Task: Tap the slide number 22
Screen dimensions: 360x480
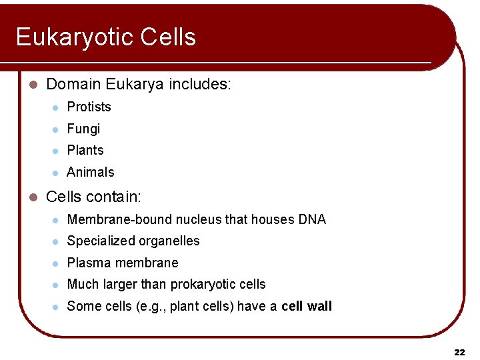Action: coord(459,352)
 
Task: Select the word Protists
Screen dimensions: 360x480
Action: coord(89,107)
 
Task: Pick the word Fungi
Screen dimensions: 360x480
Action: coord(83,129)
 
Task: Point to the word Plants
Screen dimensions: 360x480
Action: coord(85,150)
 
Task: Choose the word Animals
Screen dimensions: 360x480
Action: coord(91,172)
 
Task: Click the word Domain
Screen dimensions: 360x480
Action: coord(71,85)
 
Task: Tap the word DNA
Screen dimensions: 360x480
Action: coord(312,219)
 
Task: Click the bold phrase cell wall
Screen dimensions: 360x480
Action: coord(307,306)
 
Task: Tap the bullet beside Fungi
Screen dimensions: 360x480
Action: coord(56,129)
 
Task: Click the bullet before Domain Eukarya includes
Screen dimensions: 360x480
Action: coord(35,85)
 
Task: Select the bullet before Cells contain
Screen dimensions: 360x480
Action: coord(35,197)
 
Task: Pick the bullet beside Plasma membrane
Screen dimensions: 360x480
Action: coord(56,263)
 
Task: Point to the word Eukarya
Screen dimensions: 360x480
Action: coord(133,85)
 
